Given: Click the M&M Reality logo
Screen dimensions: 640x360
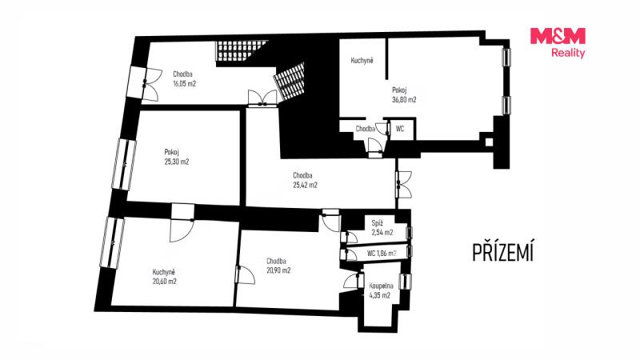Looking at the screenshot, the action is point(558,43).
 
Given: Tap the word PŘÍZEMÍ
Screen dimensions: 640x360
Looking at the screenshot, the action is point(503,252).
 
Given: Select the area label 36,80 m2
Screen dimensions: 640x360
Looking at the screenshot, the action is point(404,99).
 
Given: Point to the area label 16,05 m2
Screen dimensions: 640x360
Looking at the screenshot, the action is point(185,84).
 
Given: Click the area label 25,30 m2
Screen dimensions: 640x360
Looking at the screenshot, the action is point(177,162).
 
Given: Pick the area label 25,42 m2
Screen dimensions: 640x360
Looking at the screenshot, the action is point(305,185).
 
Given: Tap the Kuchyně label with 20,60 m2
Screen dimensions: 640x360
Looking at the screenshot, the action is point(165,276).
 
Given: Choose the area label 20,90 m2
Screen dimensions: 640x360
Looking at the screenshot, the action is point(278,270).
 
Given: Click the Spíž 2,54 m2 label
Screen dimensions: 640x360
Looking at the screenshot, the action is point(382,228).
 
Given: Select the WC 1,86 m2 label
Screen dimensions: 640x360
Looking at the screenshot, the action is point(382,254).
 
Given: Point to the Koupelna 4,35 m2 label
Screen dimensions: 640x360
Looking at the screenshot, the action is point(381,290).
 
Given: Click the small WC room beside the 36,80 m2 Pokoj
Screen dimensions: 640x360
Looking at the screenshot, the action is point(402,129).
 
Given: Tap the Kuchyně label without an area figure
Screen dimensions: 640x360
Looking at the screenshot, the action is point(362,61).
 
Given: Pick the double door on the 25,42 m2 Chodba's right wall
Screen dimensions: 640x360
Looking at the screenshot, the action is point(403,185).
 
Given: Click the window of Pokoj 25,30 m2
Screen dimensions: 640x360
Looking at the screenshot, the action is point(124,165).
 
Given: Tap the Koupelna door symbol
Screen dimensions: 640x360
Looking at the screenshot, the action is point(354,282).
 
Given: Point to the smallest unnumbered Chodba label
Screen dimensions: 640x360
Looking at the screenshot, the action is point(366,129).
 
